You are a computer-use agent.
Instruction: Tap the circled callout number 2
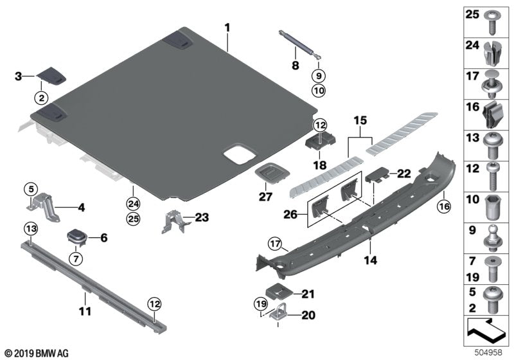tap(40, 98)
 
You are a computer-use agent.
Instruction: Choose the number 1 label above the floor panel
tap(226, 28)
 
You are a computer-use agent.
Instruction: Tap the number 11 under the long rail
tap(85, 311)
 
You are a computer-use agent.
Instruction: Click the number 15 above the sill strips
tap(360, 121)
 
